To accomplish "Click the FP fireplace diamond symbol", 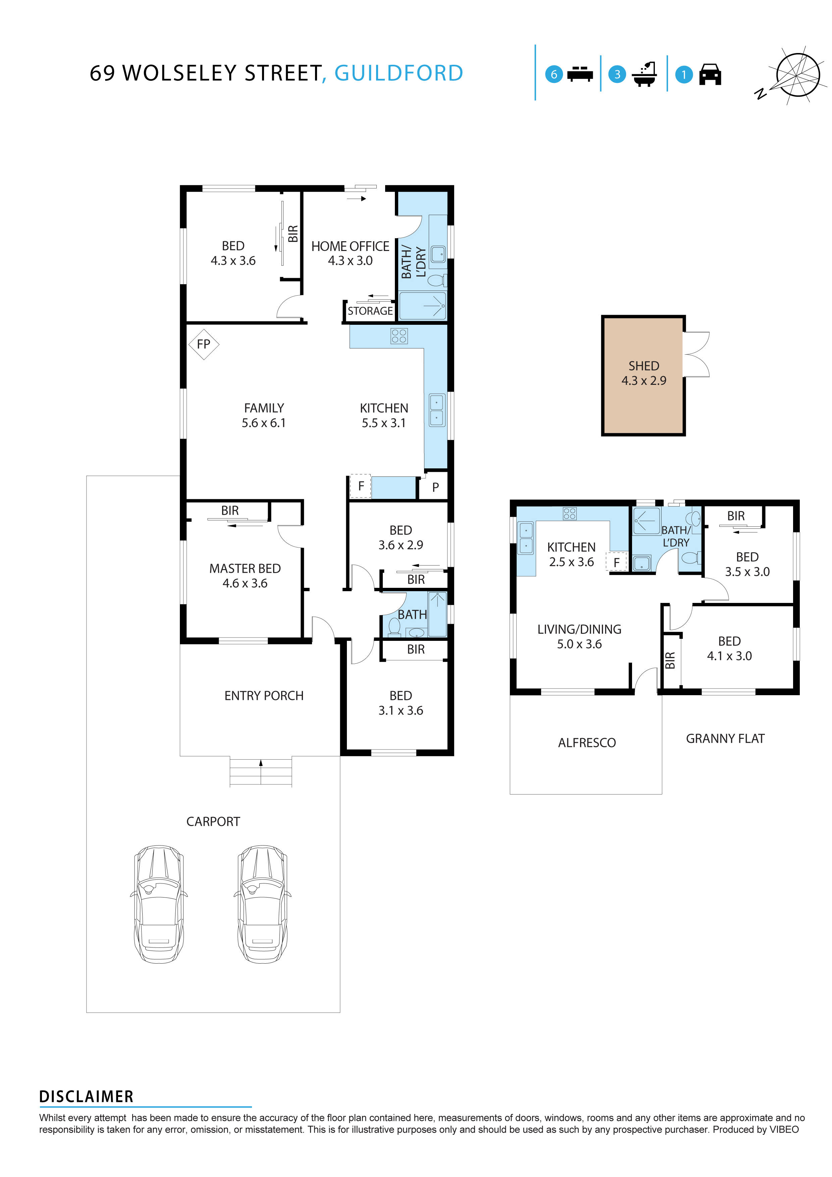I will tap(204, 344).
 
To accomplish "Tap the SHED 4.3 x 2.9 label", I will tap(643, 373).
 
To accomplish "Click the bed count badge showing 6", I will tap(554, 74).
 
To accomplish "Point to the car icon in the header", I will tap(710, 74).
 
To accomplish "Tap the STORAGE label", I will tap(370, 311).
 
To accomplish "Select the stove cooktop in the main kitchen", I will tap(399, 336).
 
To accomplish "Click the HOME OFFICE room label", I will tap(350, 253).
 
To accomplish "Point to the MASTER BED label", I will tap(245, 576).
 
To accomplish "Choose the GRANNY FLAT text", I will tap(725, 739).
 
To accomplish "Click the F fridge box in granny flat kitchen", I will tap(616, 562).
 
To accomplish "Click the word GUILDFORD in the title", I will tap(399, 73).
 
